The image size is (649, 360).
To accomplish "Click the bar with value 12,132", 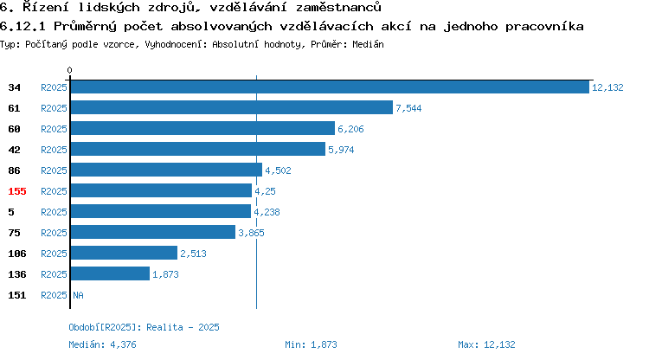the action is pos(330,87).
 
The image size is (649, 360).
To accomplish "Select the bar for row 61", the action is pos(232,107).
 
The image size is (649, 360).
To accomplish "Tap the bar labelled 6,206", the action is pos(202,128).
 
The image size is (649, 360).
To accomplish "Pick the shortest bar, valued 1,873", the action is pos(110,273).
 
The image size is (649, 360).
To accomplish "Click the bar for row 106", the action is pos(124,253).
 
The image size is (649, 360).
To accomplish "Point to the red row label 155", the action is pos(17,191).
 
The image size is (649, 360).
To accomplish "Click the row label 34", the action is pos(14,87).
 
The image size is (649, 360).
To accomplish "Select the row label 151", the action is pos(17,295).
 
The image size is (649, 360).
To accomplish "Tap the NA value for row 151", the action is pos(78,295).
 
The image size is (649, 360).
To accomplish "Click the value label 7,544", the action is pos(408,108).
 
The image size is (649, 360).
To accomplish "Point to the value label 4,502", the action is pos(278,170).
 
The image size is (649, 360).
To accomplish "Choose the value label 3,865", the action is pos(251,233).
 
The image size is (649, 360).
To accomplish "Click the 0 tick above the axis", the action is pos(69,70).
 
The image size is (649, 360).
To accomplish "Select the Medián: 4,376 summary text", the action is pos(102,344).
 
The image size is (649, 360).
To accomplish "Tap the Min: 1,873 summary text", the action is pos(311,344).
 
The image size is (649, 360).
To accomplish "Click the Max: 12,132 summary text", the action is pos(486,344).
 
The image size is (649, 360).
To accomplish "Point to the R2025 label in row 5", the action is pos(54,212).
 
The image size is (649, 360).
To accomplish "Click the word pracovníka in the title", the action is pos(544,27).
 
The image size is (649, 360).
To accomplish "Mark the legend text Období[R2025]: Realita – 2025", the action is pos(144,327).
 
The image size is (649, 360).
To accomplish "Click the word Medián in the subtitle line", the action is pos(368,44).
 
